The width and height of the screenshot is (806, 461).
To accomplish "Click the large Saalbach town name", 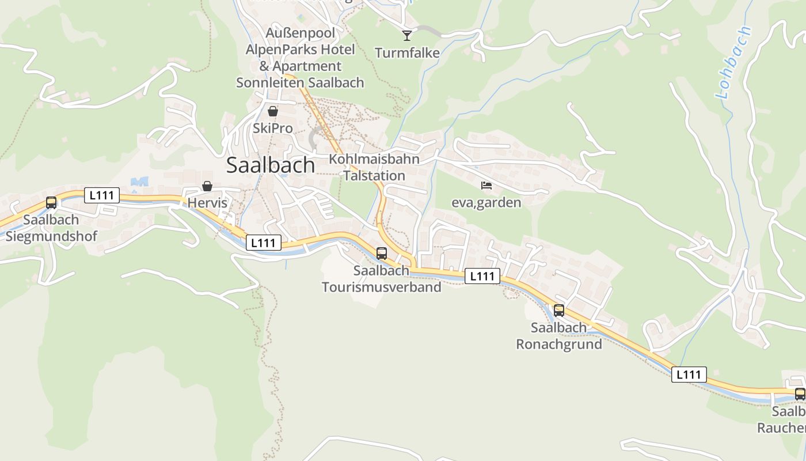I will [x=271, y=165].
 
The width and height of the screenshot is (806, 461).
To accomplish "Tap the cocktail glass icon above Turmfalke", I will [x=407, y=36].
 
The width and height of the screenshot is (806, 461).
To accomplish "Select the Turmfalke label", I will [x=407, y=54].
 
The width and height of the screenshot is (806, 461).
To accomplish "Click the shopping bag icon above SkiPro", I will [x=273, y=111].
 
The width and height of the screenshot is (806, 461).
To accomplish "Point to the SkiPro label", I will [x=273, y=128].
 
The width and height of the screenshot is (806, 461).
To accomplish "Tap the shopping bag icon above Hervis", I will [x=207, y=186].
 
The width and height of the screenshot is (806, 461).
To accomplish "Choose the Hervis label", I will [x=207, y=203].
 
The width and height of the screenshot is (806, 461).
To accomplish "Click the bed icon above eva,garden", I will [x=486, y=186].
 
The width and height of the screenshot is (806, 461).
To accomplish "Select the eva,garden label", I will [x=486, y=202].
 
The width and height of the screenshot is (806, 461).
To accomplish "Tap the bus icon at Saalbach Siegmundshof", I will [x=51, y=203].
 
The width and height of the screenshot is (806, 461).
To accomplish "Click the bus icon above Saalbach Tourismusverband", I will [x=381, y=253].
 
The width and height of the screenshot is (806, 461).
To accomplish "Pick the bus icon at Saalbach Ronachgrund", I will [x=558, y=311].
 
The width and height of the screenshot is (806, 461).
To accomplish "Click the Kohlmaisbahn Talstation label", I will [x=374, y=167].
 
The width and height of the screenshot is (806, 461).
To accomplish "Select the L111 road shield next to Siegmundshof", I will [x=102, y=195].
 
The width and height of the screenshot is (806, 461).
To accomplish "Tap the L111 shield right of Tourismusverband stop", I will [x=482, y=277].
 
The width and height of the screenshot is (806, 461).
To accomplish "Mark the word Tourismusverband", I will [x=381, y=287].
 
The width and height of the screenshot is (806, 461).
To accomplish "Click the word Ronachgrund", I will [x=558, y=345].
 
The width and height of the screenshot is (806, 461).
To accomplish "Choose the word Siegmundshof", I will [x=51, y=236].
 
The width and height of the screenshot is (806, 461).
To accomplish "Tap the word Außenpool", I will [x=300, y=32].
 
